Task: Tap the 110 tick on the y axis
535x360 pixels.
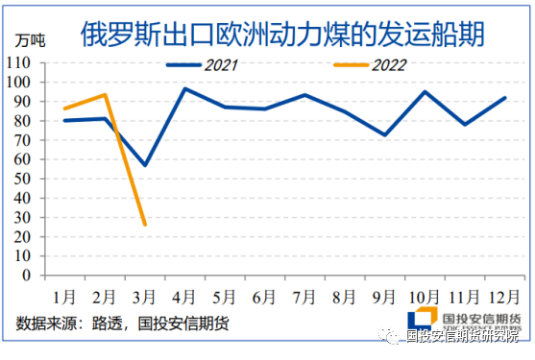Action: [20, 62]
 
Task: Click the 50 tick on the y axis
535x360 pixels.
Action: [24, 179]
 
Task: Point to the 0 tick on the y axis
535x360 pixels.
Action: [28, 276]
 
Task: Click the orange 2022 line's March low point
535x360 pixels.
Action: [144, 225]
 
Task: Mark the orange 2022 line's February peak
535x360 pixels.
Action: [104, 95]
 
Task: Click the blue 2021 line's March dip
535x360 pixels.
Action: [144, 165]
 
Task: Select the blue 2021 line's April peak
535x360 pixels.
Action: [184, 88]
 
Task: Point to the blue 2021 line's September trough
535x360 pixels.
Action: [384, 135]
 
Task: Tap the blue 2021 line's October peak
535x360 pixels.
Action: [425, 91]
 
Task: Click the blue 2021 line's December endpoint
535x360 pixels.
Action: [504, 98]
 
